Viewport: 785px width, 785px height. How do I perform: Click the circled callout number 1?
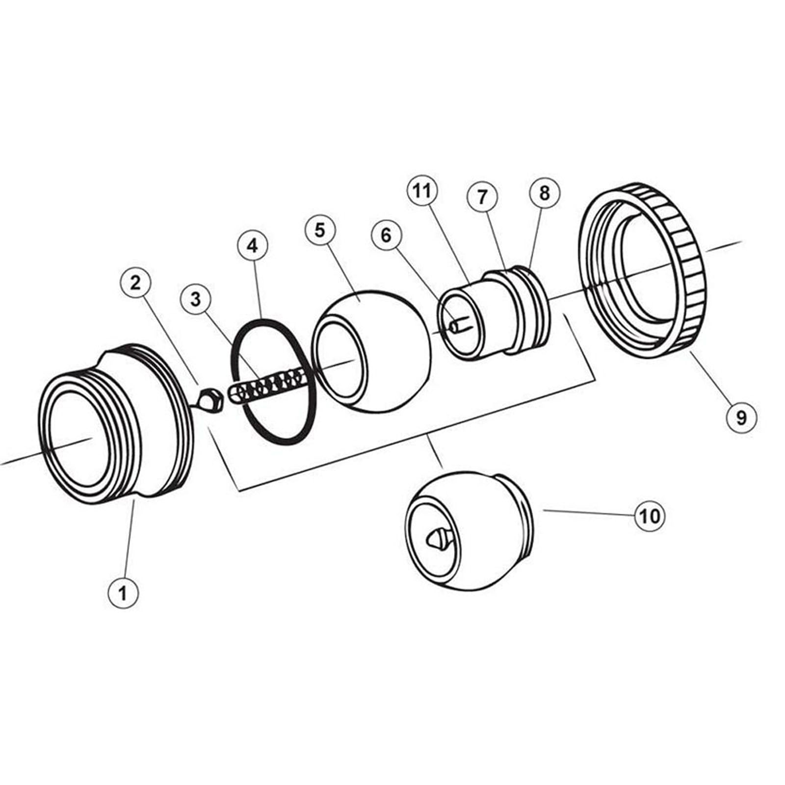123,593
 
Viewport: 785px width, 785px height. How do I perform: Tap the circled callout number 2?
135,283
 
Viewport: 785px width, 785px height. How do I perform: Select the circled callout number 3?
196,299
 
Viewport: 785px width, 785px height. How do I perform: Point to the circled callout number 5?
320,230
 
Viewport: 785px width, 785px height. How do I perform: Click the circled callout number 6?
386,235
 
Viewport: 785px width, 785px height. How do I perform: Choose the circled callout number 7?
482,197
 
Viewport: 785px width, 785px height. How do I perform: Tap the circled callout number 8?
545,193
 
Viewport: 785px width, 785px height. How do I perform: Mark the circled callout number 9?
741,418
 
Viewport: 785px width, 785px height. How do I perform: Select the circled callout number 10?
651,516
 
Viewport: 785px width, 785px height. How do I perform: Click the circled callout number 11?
422,191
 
